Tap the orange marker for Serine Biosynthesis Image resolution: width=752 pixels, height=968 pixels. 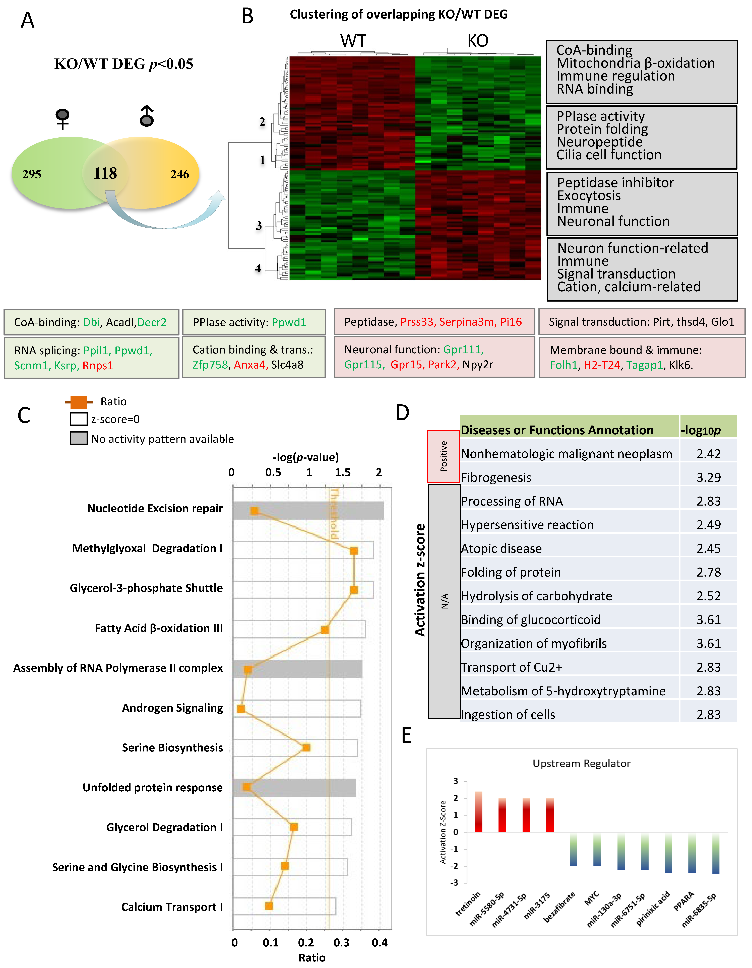306,748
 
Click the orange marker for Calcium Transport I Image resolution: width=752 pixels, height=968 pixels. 269,906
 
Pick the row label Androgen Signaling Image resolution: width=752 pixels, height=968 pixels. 172,708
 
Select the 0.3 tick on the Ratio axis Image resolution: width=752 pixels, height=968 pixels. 341,943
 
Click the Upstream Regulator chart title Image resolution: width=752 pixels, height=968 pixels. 581,763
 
